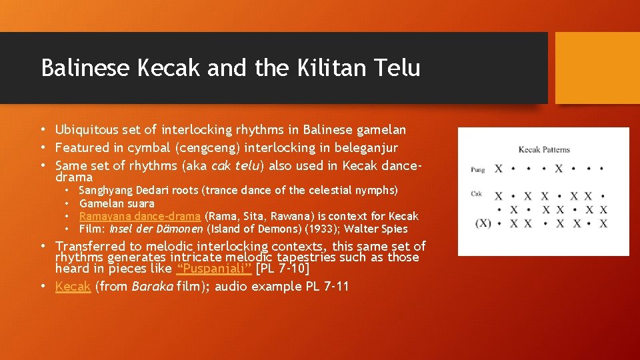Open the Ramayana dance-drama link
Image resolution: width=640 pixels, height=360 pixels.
tap(140, 216)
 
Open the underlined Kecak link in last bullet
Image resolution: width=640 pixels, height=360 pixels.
tap(73, 287)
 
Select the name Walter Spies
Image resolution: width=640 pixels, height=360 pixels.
tap(376, 229)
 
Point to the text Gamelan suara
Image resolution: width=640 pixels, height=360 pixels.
tap(117, 203)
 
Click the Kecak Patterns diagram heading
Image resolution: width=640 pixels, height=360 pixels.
tap(543, 149)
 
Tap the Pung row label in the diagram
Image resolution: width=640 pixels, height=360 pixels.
tap(477, 169)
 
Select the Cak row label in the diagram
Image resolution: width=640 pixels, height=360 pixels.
tap(476, 195)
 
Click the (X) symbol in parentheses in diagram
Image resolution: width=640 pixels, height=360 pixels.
tap(483, 223)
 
